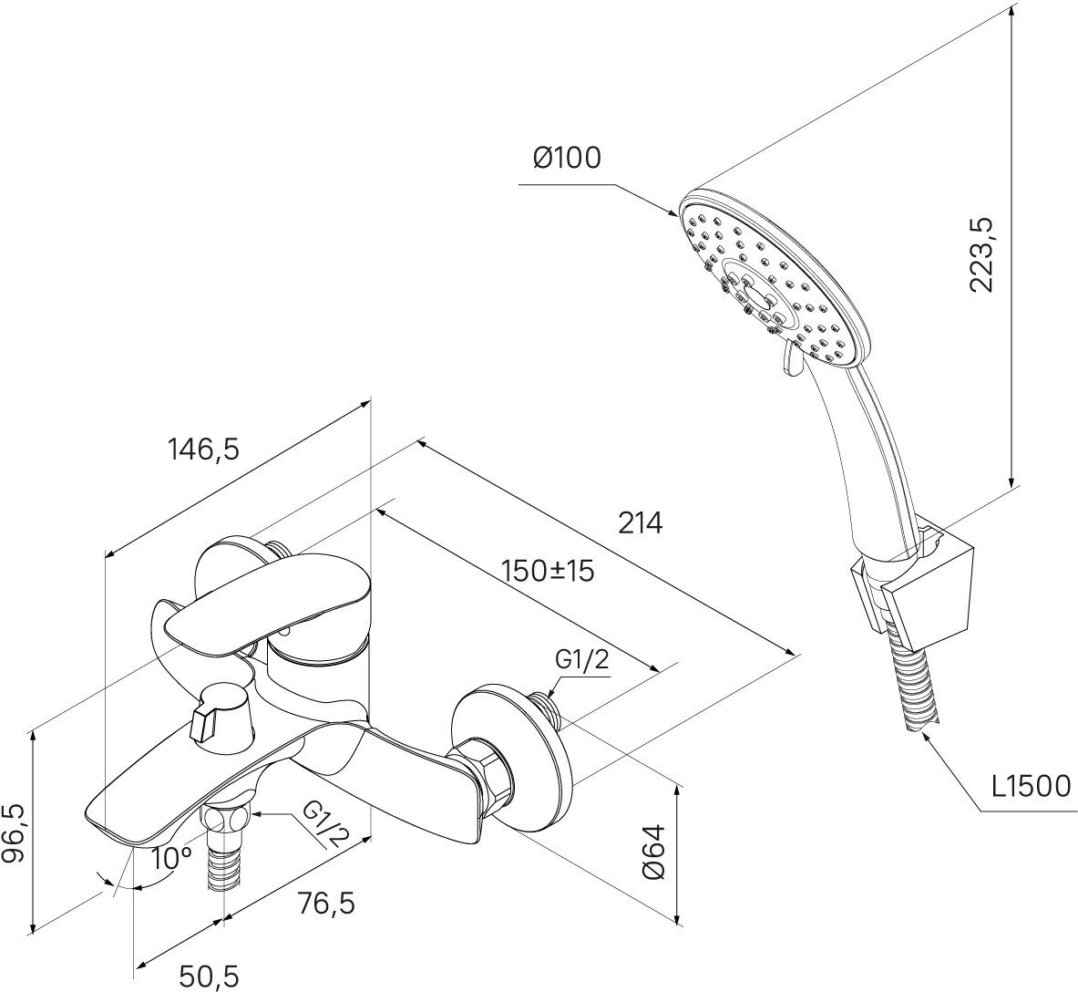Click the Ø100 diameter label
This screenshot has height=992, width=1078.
point(567,158)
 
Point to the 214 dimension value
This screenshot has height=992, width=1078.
point(641,523)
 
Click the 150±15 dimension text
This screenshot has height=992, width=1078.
point(549,572)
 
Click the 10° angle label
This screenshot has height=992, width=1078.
point(171,858)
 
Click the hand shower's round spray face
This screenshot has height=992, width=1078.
point(775,274)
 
